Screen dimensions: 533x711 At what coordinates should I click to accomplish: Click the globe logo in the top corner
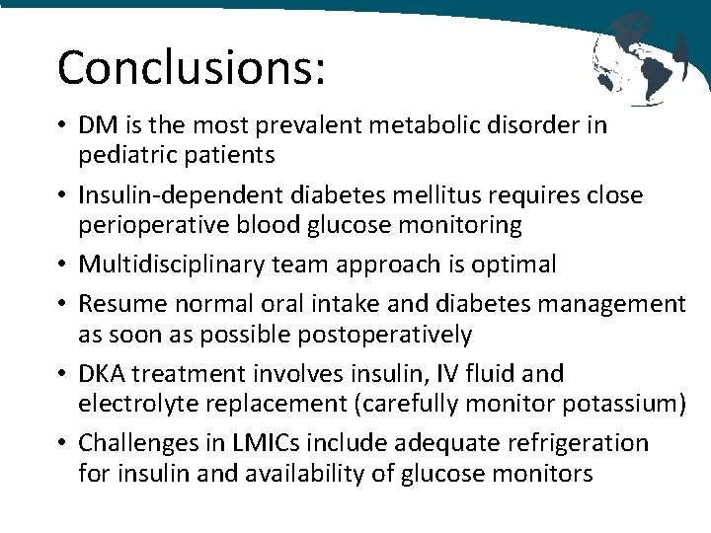pos(639,57)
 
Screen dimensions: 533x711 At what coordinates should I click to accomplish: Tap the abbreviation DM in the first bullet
pos(97,126)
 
